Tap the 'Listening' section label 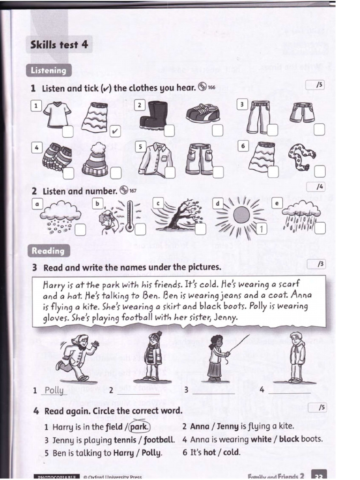pyautogui.click(x=49, y=70)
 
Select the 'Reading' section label pyautogui.click(x=48, y=251)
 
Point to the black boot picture pyautogui.click(x=152, y=114)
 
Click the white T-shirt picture pyautogui.click(x=57, y=114)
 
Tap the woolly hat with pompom pyautogui.click(x=95, y=159)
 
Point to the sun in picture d pyautogui.click(x=241, y=215)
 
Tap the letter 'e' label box pyautogui.click(x=276, y=203)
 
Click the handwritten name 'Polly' pyautogui.click(x=54, y=390)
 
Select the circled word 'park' pyautogui.click(x=139, y=427)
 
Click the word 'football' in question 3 pyautogui.click(x=159, y=440)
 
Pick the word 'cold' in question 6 pyautogui.click(x=231, y=453)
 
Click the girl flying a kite pyautogui.click(x=217, y=357)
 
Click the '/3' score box pyautogui.click(x=321, y=264)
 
